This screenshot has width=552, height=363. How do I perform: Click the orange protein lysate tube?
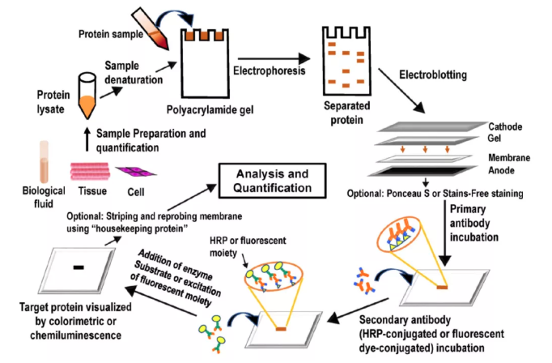(x=87, y=92)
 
